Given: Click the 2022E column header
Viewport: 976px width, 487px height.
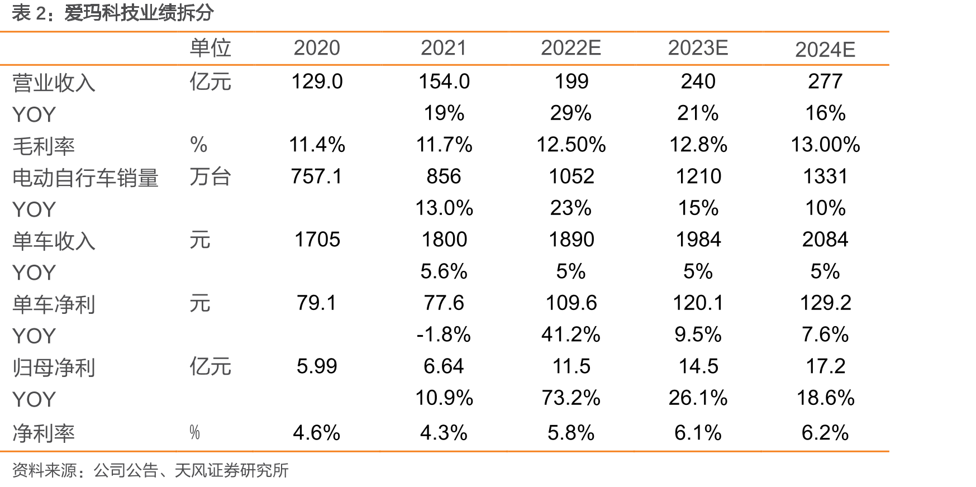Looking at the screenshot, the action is coord(570,48).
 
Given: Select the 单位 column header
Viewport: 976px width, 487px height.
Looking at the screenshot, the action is coord(210,48).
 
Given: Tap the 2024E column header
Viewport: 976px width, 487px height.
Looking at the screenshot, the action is coord(825,50).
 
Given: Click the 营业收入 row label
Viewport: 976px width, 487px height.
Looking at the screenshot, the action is coord(54,83).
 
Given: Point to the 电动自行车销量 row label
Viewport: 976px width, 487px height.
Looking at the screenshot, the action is coord(85,178).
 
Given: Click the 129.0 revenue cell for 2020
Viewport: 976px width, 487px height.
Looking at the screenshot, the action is coord(317,82).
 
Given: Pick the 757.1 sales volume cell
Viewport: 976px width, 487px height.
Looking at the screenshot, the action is coord(316,176).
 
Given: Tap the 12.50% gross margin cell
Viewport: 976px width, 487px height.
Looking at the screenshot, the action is coord(571,145).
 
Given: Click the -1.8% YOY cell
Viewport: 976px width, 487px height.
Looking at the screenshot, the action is coord(444,335).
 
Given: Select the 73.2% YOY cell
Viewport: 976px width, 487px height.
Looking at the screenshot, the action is coord(571,398).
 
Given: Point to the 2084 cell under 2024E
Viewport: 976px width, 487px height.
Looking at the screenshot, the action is coord(825,240).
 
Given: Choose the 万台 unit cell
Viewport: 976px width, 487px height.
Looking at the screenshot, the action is coord(210,177).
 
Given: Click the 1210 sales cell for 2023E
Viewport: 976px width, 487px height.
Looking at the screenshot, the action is coord(698,176).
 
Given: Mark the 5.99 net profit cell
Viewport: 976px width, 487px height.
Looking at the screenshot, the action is coord(317,366).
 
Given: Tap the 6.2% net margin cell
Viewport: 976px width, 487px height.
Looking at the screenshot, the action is coord(825,433).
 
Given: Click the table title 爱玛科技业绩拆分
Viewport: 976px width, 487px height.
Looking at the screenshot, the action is coord(139,13).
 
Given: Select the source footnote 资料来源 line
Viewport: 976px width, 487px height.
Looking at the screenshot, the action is coord(150,470).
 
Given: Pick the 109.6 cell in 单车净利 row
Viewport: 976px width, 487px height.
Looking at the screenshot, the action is coord(571,303).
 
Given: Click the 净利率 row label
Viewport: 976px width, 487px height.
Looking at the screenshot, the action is coord(44,433).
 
